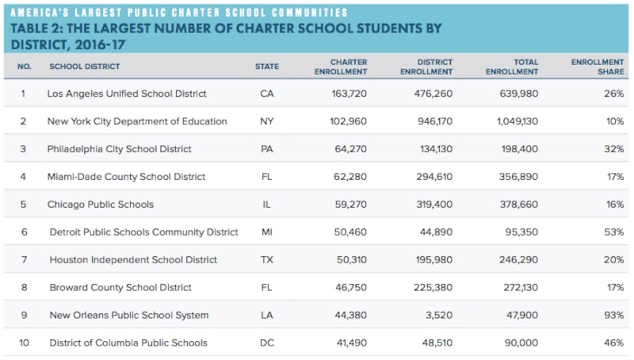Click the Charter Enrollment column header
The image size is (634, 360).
click(x=348, y=67)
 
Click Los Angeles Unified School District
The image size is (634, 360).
click(x=127, y=94)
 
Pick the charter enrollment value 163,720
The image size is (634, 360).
click(x=346, y=94)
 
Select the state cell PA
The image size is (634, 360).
click(x=266, y=149)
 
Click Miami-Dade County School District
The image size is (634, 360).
click(x=126, y=177)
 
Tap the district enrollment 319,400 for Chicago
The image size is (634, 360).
click(x=433, y=205)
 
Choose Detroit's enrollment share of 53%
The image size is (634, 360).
click(x=613, y=232)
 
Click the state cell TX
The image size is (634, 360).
click(x=266, y=260)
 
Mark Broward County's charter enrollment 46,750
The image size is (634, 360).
click(x=349, y=288)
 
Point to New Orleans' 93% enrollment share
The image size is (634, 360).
click(x=613, y=316)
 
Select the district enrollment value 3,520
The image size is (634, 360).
click(x=438, y=316)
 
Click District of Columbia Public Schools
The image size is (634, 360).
click(x=128, y=343)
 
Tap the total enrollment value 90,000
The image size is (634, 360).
click(x=520, y=343)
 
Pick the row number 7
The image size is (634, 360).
click(x=23, y=260)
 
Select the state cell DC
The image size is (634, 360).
click(x=266, y=343)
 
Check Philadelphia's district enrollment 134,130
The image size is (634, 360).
click(x=433, y=149)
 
